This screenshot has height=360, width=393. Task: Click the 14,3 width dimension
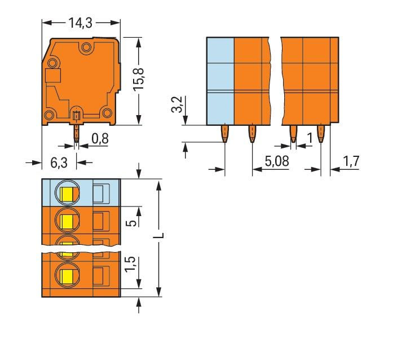tap(81, 23)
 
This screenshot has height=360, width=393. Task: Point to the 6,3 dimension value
tap(59, 163)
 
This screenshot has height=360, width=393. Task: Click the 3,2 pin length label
tap(176, 104)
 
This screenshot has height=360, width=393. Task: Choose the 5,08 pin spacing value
tap(276, 161)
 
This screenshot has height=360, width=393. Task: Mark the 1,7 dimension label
tap(351, 161)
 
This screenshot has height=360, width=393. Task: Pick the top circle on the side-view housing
tap(86, 47)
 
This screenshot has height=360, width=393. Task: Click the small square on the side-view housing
tap(52, 77)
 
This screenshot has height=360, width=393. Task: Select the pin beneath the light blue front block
tap(224, 134)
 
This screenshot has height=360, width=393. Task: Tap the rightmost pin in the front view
tap(321, 134)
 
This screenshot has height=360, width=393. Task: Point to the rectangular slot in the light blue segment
tap(99, 194)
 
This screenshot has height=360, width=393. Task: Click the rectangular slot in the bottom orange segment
tap(99, 276)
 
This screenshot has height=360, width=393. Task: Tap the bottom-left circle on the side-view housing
tap(49, 116)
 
